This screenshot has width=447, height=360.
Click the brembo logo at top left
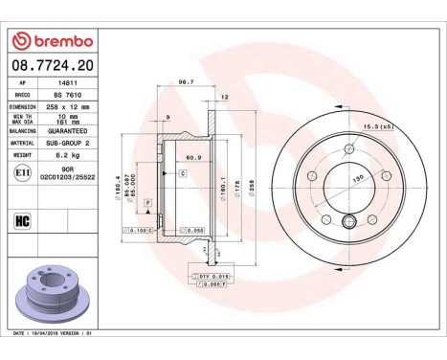[x=52, y=41]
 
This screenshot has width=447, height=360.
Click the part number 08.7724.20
[x=52, y=64]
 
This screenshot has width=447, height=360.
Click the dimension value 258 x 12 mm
[x=68, y=107]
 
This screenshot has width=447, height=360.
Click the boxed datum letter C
[x=182, y=173]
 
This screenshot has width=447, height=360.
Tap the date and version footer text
[x=53, y=332]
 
